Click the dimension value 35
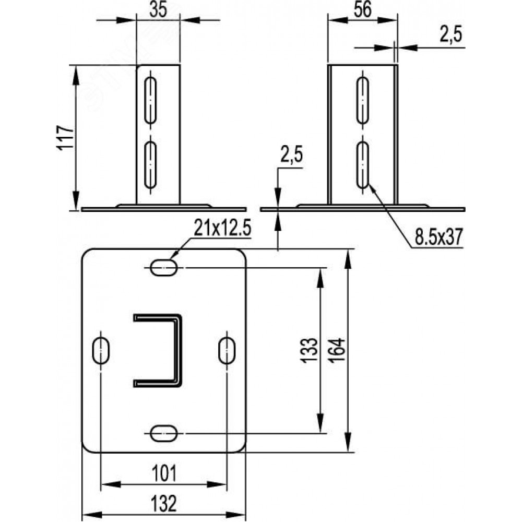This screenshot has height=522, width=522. point(158,10)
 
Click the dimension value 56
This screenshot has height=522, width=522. point(363,9)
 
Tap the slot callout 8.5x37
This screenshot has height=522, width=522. point(439,238)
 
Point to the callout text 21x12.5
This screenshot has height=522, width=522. point(222,229)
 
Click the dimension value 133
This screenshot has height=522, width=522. point(310,350)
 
